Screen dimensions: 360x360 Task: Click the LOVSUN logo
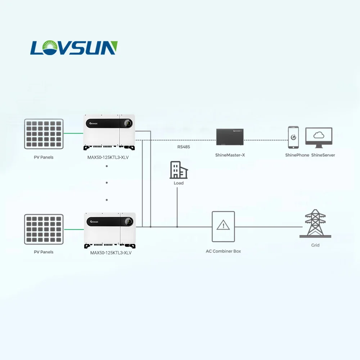click(x=74, y=48)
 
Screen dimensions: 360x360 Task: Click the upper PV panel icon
click(x=44, y=134)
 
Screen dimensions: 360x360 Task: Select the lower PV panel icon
click(x=44, y=229)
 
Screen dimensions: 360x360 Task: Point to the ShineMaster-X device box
click(x=230, y=137)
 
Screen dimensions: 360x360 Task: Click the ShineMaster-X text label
click(x=229, y=155)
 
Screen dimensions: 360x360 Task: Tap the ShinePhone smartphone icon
click(x=293, y=137)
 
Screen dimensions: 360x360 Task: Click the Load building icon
click(x=179, y=170)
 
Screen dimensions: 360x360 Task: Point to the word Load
click(x=179, y=183)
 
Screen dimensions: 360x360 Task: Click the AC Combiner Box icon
click(x=223, y=226)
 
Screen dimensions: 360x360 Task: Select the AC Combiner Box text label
click(x=223, y=251)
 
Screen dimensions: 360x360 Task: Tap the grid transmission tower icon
click(x=315, y=223)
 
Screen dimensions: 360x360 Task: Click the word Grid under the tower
click(x=315, y=245)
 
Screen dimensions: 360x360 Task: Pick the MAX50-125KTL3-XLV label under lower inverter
click(x=111, y=253)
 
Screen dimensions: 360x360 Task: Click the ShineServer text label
click(x=323, y=155)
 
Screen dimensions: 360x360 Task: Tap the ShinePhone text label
click(x=297, y=155)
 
